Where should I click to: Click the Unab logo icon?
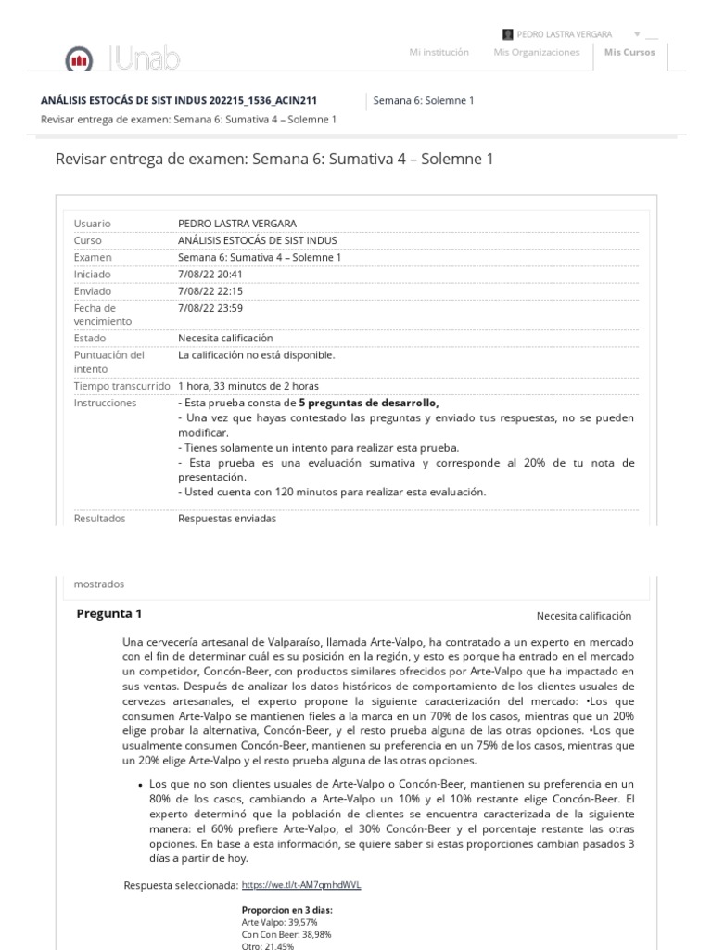(79, 61)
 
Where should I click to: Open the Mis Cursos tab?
(629, 53)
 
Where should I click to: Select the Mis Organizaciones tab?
(536, 53)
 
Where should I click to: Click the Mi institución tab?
(439, 53)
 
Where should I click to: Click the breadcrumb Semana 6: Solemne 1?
(423, 100)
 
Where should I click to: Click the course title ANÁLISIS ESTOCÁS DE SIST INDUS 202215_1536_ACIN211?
(191, 100)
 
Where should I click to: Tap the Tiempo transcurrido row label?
(121, 385)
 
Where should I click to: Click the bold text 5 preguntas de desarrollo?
(368, 403)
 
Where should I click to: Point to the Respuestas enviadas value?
(226, 519)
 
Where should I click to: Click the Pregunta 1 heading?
(109, 613)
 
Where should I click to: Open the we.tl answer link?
(300, 885)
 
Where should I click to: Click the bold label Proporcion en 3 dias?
(286, 911)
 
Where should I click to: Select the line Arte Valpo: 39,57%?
(280, 923)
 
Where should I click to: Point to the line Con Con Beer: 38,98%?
(286, 934)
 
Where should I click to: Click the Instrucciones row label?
(105, 403)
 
